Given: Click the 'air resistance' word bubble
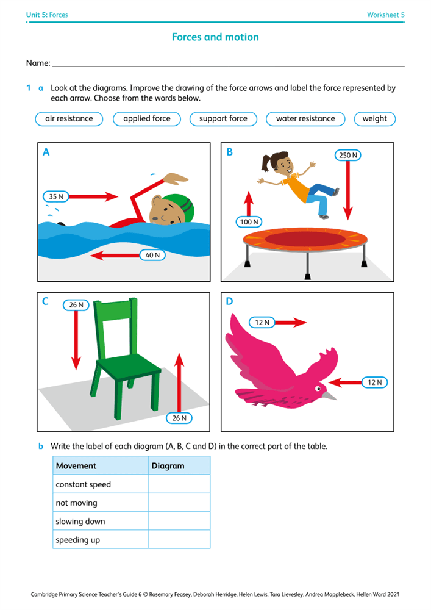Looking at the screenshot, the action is click(x=69, y=119).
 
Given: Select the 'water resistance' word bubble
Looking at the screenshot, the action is click(x=305, y=119).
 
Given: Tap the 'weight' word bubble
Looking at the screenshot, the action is click(x=375, y=119).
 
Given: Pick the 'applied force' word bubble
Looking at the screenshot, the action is click(x=147, y=119).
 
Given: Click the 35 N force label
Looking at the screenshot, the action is click(x=56, y=196).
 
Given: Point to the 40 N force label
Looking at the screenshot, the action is click(x=152, y=255).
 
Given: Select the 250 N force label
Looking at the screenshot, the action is click(x=348, y=155).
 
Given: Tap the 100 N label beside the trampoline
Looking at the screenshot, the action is click(x=249, y=222).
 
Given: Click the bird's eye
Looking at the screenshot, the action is click(x=318, y=389).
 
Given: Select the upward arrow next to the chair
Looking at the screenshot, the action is click(x=179, y=382).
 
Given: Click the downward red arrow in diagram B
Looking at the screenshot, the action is click(x=348, y=190).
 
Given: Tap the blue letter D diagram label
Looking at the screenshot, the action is click(x=229, y=301).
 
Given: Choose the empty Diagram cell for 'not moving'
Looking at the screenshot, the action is click(x=179, y=503).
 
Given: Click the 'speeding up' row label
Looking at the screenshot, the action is click(x=78, y=540).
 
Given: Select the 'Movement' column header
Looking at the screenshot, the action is click(x=76, y=465).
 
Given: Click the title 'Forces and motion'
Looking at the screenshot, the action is click(x=215, y=37).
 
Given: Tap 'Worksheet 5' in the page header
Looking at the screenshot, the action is click(x=385, y=15).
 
